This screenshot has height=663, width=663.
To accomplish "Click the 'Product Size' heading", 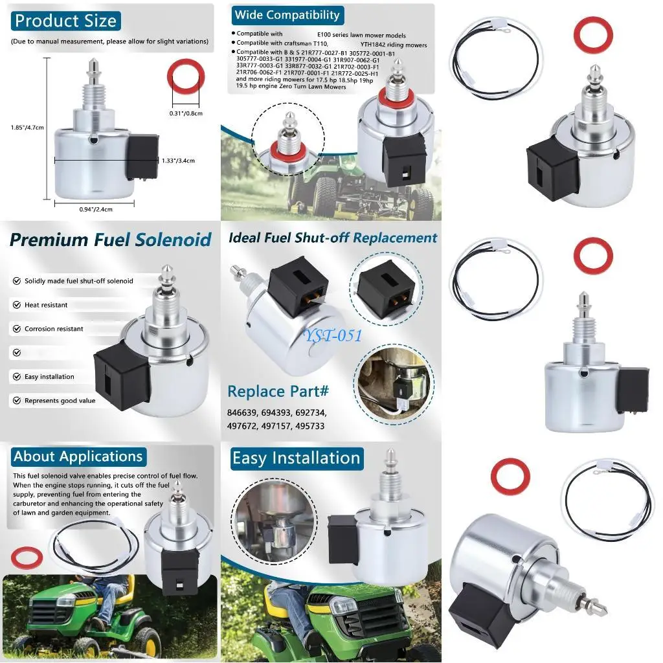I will (65, 21).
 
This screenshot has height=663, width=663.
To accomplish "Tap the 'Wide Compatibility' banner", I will (287, 15).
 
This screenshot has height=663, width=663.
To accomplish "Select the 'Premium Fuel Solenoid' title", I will (111, 240).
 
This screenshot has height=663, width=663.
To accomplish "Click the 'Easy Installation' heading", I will (296, 458).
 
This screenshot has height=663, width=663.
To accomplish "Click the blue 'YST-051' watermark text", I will (334, 335).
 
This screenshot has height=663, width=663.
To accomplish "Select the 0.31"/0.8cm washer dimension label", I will (185, 113).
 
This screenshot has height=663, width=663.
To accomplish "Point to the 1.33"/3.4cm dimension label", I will (178, 161).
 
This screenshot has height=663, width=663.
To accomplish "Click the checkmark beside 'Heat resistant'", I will (16, 305).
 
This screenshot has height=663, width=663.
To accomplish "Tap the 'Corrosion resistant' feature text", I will (54, 329).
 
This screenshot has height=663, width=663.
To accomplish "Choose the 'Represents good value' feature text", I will (60, 401).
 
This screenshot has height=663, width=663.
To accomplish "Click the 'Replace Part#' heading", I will (278, 392).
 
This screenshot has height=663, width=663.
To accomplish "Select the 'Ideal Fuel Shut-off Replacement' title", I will (333, 238).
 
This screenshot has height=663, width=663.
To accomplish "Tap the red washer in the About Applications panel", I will (27, 557).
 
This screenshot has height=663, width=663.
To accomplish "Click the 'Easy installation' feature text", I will (49, 377).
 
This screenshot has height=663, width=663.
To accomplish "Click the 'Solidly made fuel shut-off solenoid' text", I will (79, 281).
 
